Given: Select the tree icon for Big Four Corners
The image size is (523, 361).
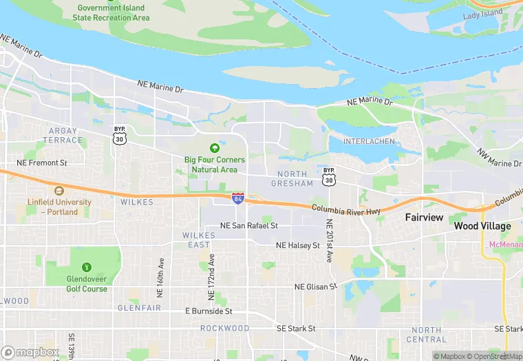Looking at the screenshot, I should (214, 147).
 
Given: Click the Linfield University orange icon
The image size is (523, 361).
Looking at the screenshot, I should (58, 190).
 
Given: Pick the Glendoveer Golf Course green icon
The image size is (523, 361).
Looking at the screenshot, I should (86, 267).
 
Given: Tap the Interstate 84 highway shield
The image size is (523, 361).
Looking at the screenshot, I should (237, 198).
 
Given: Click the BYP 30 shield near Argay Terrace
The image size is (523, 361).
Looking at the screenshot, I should (119, 136).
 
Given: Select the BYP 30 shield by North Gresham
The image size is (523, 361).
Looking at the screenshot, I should (329, 176).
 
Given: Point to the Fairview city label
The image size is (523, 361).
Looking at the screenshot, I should (423, 216).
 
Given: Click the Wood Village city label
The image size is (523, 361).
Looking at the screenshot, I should (482, 226).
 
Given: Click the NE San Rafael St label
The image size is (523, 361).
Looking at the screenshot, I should (248, 225).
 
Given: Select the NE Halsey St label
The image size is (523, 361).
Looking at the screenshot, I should (297, 245).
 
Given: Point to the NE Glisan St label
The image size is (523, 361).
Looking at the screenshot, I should (315, 287).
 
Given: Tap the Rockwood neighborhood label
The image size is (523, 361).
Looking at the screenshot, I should (224, 329).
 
